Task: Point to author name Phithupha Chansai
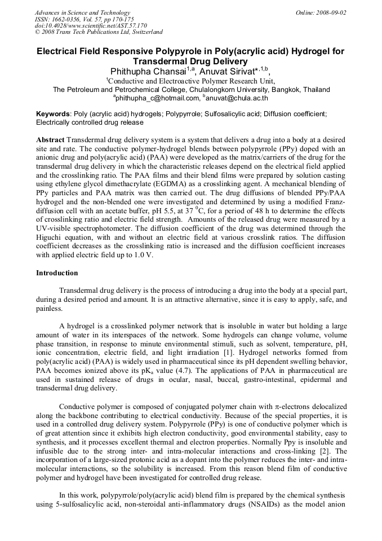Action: click(146, 71)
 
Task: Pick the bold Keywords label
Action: click(54, 113)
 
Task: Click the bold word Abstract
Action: click(50, 139)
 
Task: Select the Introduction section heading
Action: click(57, 273)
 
